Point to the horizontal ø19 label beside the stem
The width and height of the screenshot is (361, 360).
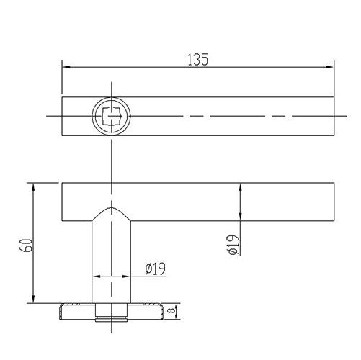(x=156, y=269)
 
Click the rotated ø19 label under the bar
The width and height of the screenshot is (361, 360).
(x=232, y=245)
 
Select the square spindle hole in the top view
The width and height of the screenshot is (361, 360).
(x=112, y=115)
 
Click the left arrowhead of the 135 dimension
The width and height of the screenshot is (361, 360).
(x=66, y=68)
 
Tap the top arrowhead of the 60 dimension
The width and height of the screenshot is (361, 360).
(x=32, y=186)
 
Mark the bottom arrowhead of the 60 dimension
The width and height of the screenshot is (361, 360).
(x=32, y=300)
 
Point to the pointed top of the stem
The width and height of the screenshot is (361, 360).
(x=112, y=210)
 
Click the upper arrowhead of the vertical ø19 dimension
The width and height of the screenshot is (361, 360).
(x=241, y=186)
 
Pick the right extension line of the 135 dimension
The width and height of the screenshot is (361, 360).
(x=335, y=79)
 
